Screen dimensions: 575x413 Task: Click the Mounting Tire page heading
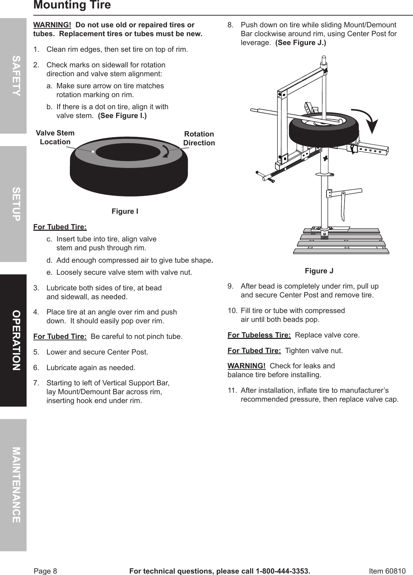click(x=72, y=5)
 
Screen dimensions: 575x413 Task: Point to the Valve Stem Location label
click(x=55, y=138)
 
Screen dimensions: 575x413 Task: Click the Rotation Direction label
click(x=199, y=138)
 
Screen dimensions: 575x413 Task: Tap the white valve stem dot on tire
click(x=93, y=152)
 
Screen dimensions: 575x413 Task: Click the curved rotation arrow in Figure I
click(x=165, y=151)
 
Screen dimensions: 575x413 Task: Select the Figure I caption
click(x=125, y=212)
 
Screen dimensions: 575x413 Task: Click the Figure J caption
click(x=319, y=271)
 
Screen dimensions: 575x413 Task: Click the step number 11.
click(x=232, y=391)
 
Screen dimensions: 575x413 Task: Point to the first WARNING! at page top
click(x=52, y=25)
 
